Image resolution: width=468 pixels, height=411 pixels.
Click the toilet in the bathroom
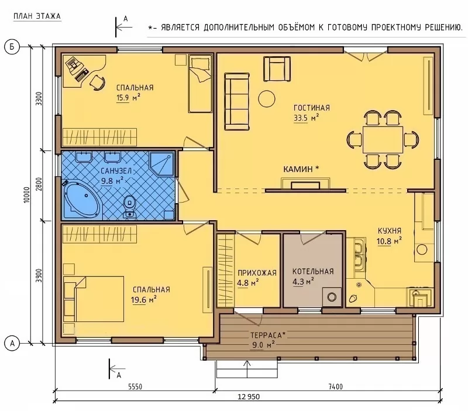coord(129,205)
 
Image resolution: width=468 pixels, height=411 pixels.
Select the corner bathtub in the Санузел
coord(81,199)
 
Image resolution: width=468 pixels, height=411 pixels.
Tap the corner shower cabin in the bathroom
coord(161,164)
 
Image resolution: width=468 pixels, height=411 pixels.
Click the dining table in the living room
coord(383,139)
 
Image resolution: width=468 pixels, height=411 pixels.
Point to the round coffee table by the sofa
coord(267,99)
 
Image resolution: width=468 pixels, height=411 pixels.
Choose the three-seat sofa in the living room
coord(237,101)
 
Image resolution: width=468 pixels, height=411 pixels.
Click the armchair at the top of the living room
coord(277,68)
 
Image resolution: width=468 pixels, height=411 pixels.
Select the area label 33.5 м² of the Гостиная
coord(306,118)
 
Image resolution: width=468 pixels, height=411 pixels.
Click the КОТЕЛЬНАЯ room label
coord(313,272)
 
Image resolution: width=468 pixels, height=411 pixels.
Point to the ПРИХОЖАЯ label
coord(257,273)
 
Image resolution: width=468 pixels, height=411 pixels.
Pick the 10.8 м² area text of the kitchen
coord(389,241)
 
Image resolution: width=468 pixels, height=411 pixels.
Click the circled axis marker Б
coord(12,47)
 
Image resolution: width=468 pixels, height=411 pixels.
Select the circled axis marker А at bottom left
coord(12,343)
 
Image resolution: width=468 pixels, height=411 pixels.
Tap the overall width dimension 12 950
coord(249,397)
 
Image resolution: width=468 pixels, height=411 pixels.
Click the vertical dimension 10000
coord(27,195)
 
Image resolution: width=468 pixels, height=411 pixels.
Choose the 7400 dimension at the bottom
coord(335,387)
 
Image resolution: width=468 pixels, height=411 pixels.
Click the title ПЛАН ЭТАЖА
coord(37,16)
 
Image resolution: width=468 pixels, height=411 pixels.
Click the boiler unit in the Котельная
coord(332,297)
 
